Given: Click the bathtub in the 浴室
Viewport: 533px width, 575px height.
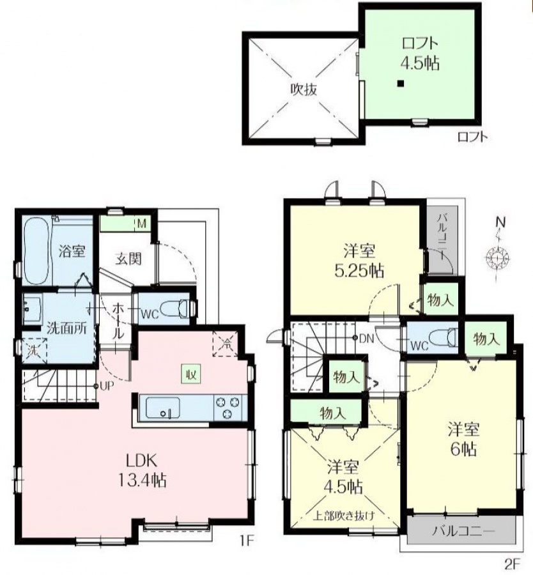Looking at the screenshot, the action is pyautogui.click(x=36, y=251).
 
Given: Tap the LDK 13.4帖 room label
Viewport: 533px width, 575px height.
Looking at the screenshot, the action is pyautogui.click(x=142, y=470).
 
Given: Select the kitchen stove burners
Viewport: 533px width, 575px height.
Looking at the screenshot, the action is pyautogui.click(x=229, y=408).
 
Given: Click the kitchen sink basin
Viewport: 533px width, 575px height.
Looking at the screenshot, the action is pyautogui.click(x=163, y=407).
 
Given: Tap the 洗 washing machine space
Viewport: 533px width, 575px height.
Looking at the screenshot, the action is pyautogui.click(x=34, y=351).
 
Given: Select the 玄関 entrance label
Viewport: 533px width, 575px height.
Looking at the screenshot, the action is pyautogui.click(x=128, y=259).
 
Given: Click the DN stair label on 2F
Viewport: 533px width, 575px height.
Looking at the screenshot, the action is pyautogui.click(x=366, y=339).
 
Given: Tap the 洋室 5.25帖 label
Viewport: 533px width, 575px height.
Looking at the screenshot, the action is pyautogui.click(x=360, y=261).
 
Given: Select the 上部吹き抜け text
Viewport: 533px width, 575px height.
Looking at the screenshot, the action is pyautogui.click(x=344, y=516).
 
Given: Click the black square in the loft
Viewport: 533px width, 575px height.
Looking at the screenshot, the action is pyautogui.click(x=401, y=84).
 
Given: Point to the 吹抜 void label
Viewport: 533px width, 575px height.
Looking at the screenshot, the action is pyautogui.click(x=304, y=89).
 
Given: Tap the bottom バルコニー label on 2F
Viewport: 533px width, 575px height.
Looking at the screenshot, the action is pyautogui.click(x=463, y=531).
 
